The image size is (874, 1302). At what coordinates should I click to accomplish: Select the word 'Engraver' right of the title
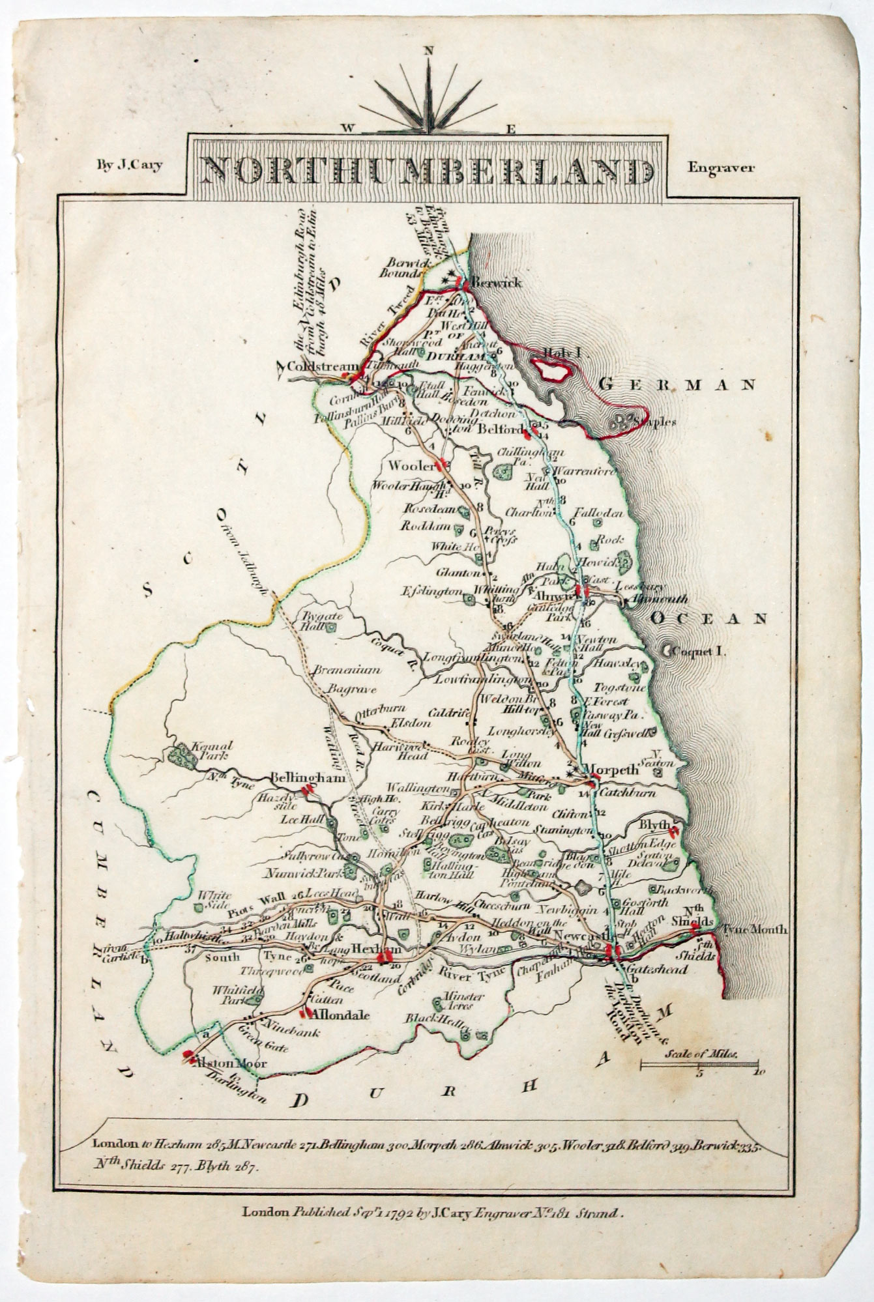(x=721, y=167)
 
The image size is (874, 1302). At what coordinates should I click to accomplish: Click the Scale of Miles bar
(x=699, y=1064)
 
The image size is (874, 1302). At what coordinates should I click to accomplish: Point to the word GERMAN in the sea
(x=677, y=385)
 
